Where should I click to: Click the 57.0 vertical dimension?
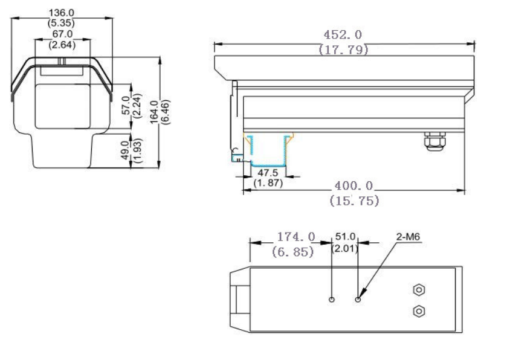click(x=126, y=100)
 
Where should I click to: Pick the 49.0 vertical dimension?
click(x=125, y=150)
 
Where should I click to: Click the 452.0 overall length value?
click(x=343, y=36)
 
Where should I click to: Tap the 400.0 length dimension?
click(x=355, y=187)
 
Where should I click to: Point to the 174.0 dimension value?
click(x=295, y=237)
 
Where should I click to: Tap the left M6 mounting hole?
click(x=332, y=300)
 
